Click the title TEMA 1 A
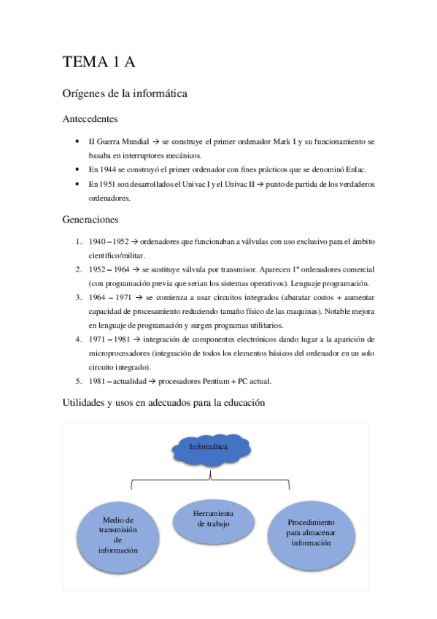tap(100, 63)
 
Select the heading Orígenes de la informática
tap(125, 93)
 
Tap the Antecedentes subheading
tap(91, 118)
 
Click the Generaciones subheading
tap(91, 219)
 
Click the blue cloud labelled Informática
tap(208, 447)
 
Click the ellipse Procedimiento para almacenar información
tap(311, 533)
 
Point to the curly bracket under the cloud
tap(210, 480)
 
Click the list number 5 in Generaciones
tap(79, 381)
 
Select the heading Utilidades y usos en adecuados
tap(163, 402)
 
